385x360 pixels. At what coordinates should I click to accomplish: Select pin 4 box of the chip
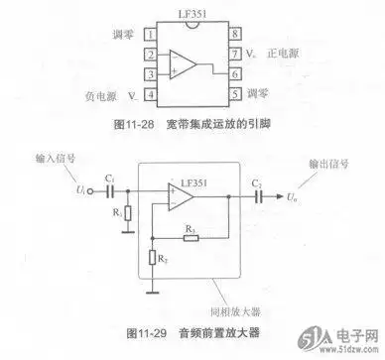[151, 94]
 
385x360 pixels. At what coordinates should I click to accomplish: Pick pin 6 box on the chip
[234, 74]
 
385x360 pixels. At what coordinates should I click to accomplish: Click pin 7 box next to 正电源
[234, 55]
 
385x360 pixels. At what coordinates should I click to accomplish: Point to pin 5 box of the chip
[234, 94]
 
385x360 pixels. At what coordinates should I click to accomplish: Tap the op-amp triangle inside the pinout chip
[187, 65]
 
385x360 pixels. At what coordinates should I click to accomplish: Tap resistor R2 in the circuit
[151, 259]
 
